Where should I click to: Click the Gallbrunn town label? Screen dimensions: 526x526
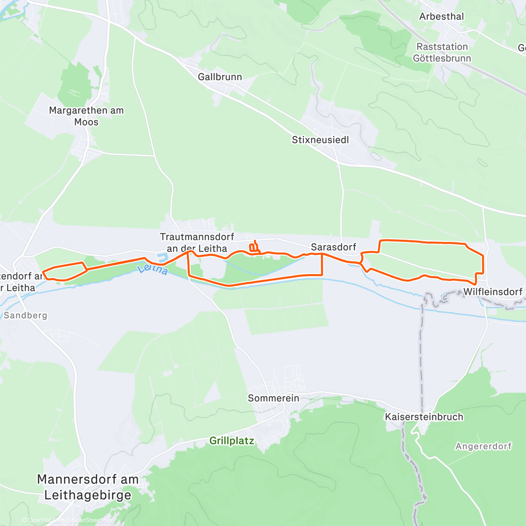220,77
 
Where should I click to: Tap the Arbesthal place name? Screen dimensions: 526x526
441,17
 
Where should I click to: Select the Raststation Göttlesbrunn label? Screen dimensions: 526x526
442,53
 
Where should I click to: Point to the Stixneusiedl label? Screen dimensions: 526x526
320,140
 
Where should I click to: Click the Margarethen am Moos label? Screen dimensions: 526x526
86,116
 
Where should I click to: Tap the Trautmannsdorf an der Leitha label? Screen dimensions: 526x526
197,242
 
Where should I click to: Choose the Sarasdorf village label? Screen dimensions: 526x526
334,247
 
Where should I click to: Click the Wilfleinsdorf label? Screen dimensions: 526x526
493,292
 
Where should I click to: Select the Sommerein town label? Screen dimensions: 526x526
274,398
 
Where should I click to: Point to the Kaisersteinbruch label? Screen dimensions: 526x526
424,417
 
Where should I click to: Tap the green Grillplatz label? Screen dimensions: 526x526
231,441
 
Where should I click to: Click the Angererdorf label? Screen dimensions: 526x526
483,446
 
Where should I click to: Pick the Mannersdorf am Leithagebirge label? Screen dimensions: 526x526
88,487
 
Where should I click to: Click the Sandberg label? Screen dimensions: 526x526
25,316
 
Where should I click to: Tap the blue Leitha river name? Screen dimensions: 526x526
153,269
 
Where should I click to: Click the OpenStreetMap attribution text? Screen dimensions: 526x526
92,520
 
